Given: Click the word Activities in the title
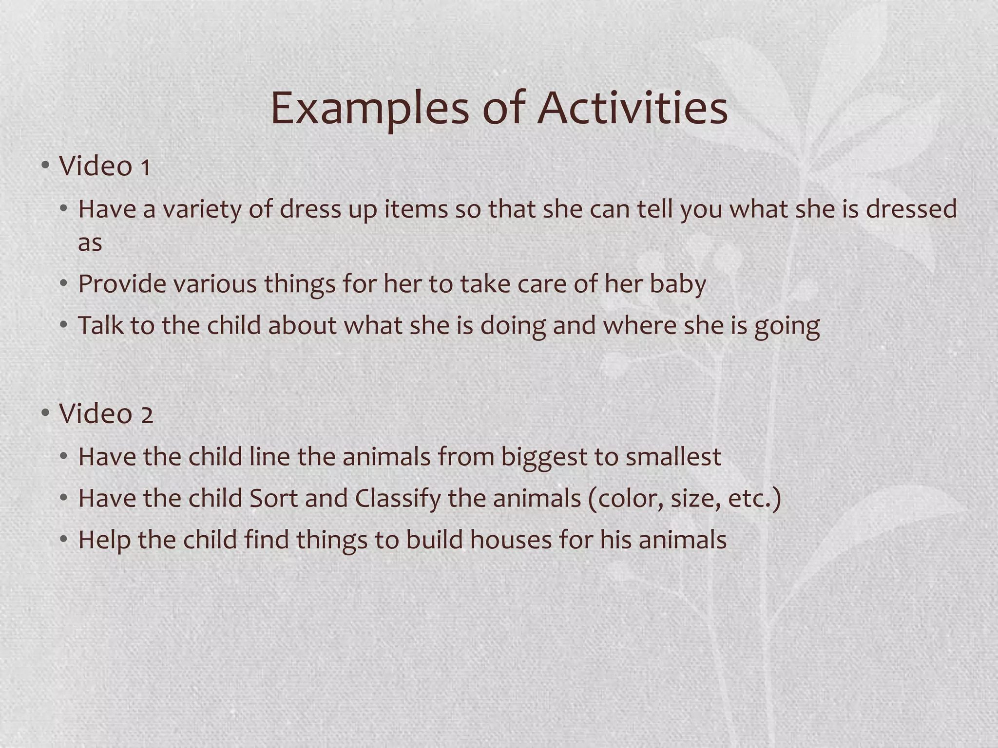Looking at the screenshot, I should (632, 108).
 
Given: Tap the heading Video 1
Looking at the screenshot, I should (104, 166).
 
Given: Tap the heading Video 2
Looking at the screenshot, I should (106, 414).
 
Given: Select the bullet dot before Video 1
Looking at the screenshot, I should (45, 166).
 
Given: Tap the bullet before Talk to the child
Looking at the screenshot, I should (63, 325).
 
